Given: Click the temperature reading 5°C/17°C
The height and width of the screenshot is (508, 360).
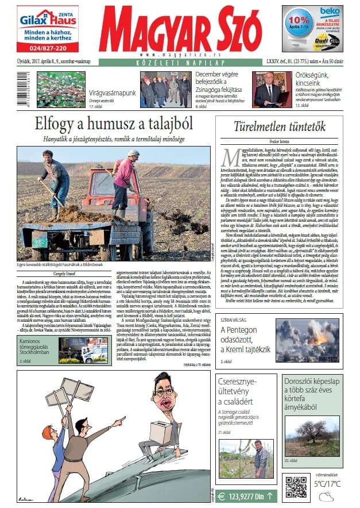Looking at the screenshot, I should click(x=327, y=484).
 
